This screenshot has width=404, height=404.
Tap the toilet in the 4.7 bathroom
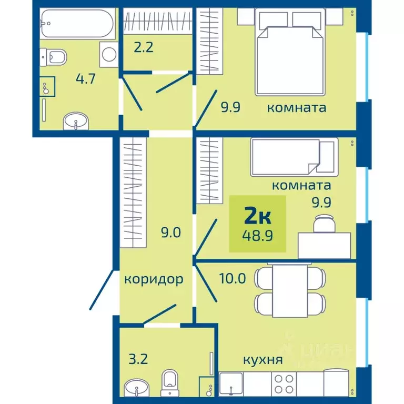click(53, 57)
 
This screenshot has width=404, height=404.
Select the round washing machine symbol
click(109, 54)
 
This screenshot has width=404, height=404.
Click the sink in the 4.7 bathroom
click(76, 121)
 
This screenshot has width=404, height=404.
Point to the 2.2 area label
click(144, 47)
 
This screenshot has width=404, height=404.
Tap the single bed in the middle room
click(294, 157)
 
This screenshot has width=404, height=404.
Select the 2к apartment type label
click(257, 217)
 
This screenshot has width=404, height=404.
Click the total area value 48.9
click(257, 235)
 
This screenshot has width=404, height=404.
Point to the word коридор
click(154, 279)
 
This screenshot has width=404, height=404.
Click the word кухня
click(263, 360)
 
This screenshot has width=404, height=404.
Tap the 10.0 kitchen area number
click(233, 278)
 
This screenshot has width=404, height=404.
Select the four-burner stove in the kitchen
click(284, 384)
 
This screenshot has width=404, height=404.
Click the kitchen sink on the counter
click(231, 384)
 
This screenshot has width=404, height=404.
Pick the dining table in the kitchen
click(290, 290)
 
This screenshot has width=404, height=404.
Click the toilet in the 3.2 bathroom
click(169, 383)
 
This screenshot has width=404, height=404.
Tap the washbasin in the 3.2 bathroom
click(136, 388)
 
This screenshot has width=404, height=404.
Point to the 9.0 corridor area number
click(171, 233)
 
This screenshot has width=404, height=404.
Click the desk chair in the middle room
click(324, 224)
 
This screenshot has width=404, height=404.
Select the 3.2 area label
click(138, 359)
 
